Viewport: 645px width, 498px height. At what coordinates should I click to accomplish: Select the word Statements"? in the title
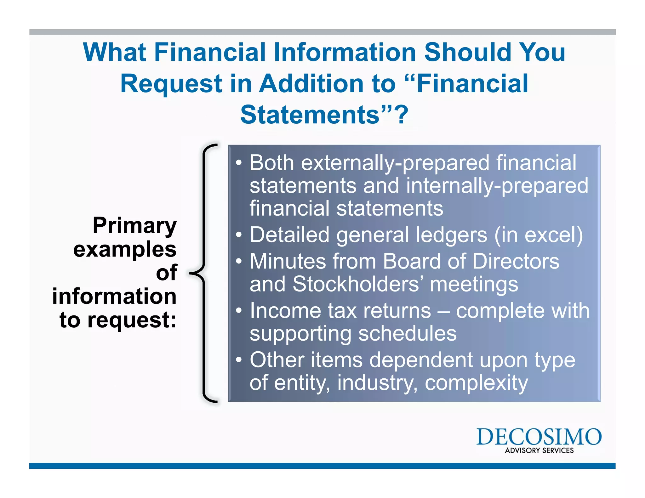click(x=324, y=115)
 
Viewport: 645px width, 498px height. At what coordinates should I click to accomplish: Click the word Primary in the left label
click(x=134, y=226)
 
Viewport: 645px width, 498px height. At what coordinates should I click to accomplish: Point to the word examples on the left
click(x=125, y=249)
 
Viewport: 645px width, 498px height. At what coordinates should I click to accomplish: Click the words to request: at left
click(x=118, y=320)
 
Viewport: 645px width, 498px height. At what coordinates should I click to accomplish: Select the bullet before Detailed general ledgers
click(x=239, y=235)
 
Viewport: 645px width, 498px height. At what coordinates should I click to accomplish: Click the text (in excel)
click(x=539, y=235)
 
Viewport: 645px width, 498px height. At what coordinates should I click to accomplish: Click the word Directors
click(x=516, y=261)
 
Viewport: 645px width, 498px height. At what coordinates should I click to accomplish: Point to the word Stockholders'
click(x=358, y=284)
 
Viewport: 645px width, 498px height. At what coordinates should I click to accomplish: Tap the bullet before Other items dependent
click(x=239, y=360)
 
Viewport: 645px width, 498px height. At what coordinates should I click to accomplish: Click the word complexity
click(x=476, y=383)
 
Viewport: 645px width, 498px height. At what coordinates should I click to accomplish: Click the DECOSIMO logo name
click(x=539, y=437)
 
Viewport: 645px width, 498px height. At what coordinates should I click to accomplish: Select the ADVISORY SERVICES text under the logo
click(x=539, y=450)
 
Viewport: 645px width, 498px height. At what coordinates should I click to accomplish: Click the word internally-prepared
click(x=497, y=186)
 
